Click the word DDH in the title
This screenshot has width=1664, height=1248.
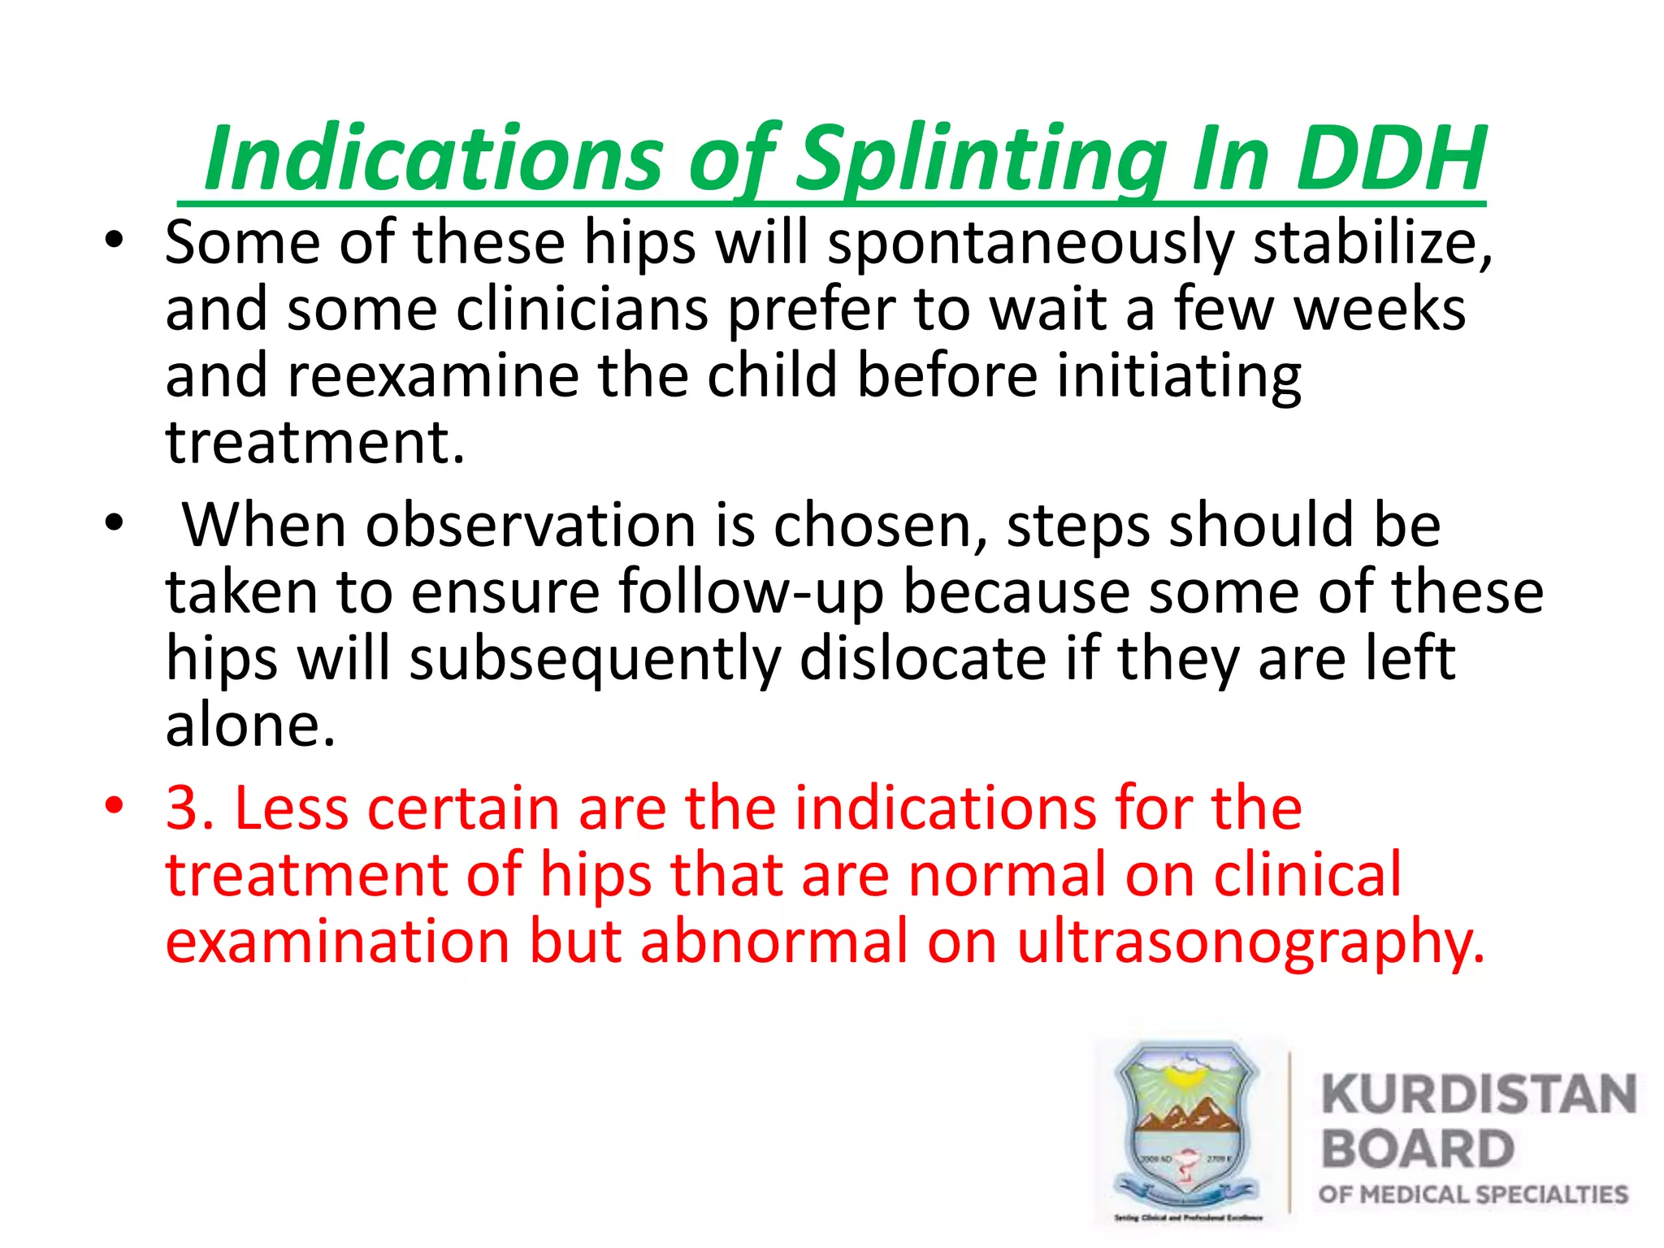pos(1390,158)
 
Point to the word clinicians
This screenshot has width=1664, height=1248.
pos(582,310)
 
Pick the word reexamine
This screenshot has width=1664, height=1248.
pos(432,377)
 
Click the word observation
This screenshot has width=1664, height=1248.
pos(530,526)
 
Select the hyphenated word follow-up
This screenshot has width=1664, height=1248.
pos(751,592)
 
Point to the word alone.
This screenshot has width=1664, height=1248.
pos(250,725)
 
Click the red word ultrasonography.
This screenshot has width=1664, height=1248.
pos(1250,942)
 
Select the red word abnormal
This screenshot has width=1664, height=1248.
pos(773,942)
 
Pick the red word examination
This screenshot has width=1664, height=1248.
pos(338,942)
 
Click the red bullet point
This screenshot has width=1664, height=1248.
pos(115,807)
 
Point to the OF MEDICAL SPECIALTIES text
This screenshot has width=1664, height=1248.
pos(1473,1194)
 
